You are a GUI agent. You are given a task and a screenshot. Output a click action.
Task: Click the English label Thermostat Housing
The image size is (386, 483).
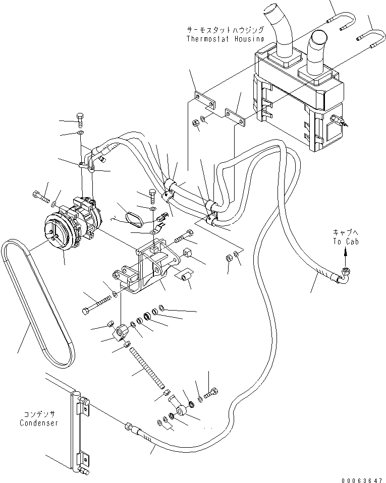tap(225, 39)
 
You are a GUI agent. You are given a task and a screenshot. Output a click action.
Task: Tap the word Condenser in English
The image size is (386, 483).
tap(39, 423)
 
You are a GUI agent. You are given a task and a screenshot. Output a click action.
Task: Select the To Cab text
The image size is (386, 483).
tap(344, 241)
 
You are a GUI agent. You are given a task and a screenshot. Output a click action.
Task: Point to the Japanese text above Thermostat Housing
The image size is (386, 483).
tap(225, 30)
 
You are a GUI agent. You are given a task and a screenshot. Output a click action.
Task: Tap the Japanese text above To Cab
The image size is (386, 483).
tap(345, 232)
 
